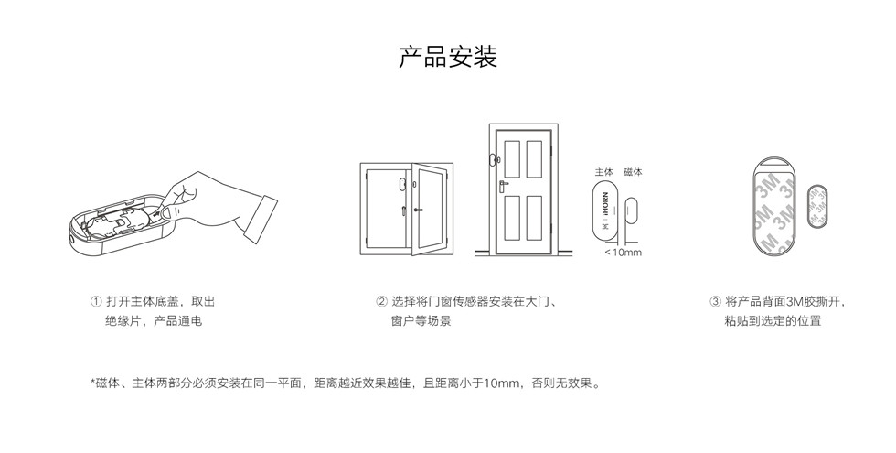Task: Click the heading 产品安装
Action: coord(447,57)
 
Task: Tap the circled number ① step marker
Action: coord(96,301)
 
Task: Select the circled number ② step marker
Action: coord(381,301)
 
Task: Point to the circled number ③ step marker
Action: coord(715,301)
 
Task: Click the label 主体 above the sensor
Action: coord(604,172)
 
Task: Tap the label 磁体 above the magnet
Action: coord(633,172)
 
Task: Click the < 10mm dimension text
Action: coord(623,253)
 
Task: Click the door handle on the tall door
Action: coord(503,185)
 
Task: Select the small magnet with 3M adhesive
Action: coord(816,207)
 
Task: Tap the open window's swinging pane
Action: coord(428,209)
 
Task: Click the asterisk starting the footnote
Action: coord(92,382)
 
